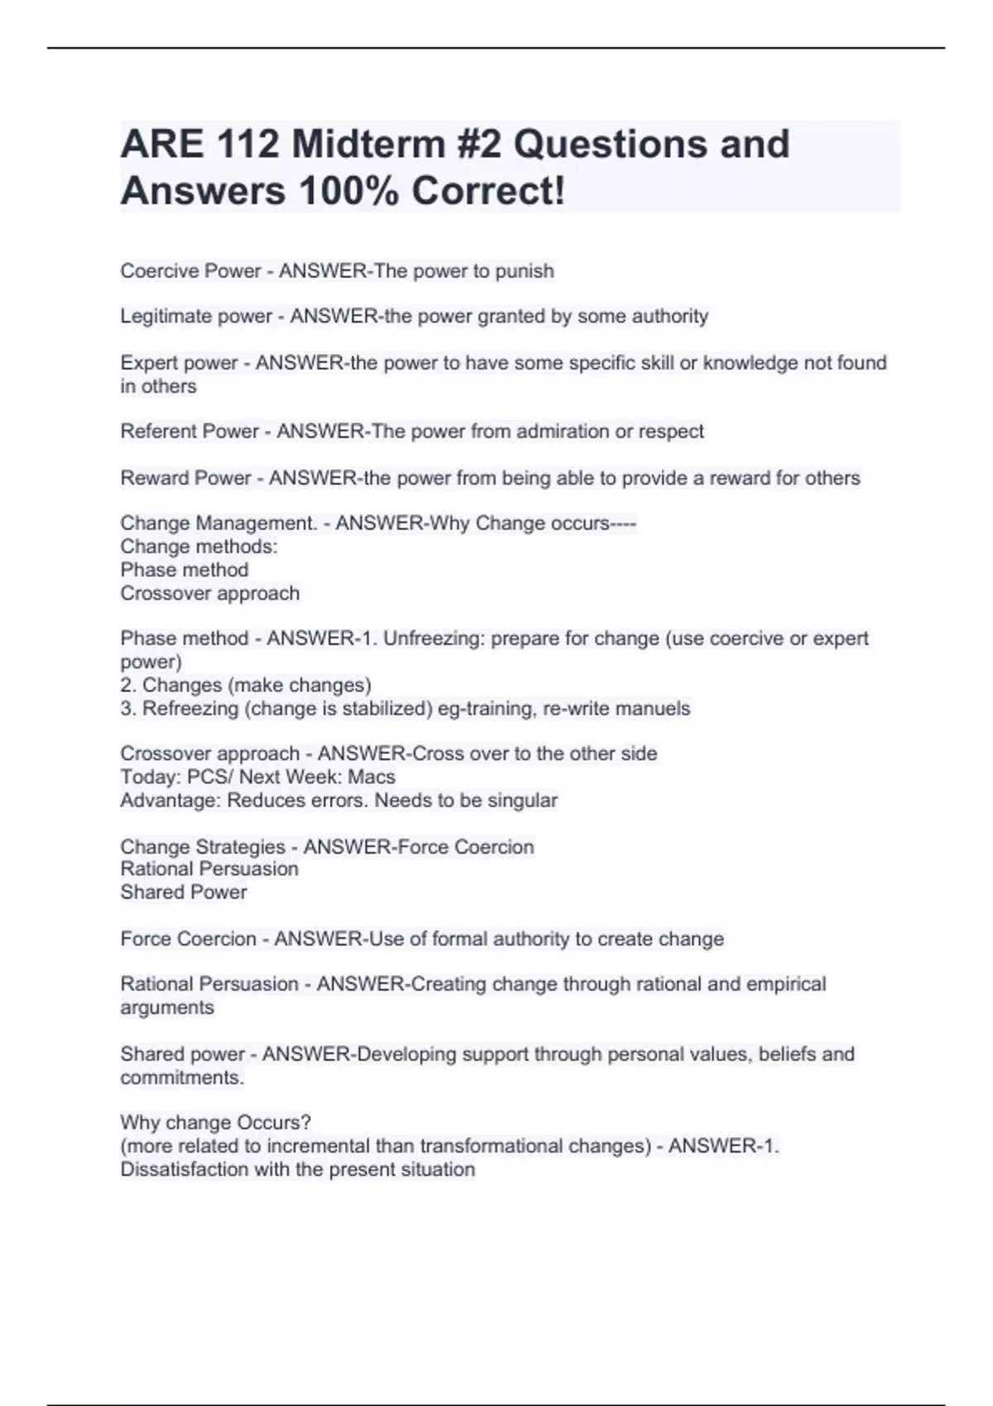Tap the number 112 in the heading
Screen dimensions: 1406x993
point(247,145)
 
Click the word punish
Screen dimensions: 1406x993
point(525,271)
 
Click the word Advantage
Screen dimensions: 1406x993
point(170,801)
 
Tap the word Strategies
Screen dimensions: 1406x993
point(241,847)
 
